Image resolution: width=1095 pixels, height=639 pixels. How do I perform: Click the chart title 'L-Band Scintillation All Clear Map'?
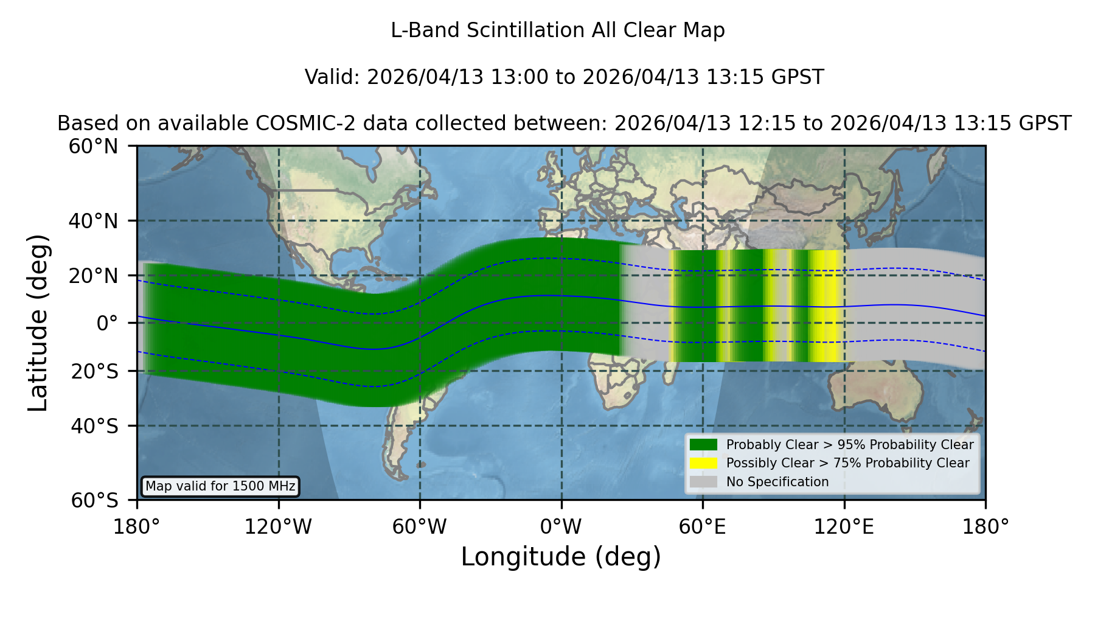pyautogui.click(x=558, y=30)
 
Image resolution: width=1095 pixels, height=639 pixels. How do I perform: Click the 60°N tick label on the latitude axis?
pyautogui.click(x=94, y=146)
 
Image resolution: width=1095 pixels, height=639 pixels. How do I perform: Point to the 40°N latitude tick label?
pyautogui.click(x=94, y=221)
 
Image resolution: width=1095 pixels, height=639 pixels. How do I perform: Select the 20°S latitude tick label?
pyautogui.click(x=95, y=371)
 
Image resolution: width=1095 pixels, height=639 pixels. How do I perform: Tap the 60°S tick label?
pyautogui.click(x=95, y=500)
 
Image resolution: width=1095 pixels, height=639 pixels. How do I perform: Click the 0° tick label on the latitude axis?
pyautogui.click(x=107, y=323)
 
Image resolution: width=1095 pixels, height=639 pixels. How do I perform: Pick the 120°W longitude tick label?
pyautogui.click(x=278, y=527)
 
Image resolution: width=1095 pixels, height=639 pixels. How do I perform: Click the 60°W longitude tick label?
pyautogui.click(x=420, y=527)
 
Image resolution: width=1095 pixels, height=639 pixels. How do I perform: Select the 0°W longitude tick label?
pyautogui.click(x=561, y=527)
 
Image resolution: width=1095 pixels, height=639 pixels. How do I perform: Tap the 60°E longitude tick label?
pyautogui.click(x=703, y=527)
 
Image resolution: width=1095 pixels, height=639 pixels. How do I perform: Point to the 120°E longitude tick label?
pyautogui.click(x=844, y=527)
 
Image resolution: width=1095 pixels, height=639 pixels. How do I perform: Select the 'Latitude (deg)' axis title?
pyautogui.click(x=38, y=323)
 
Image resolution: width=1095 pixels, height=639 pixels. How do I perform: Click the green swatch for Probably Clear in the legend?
pyautogui.click(x=704, y=444)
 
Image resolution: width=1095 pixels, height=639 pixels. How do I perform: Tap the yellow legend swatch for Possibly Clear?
pyautogui.click(x=704, y=463)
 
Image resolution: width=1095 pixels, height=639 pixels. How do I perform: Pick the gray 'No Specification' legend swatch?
pyautogui.click(x=704, y=482)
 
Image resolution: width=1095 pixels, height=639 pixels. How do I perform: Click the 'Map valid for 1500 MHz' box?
pyautogui.click(x=220, y=486)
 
